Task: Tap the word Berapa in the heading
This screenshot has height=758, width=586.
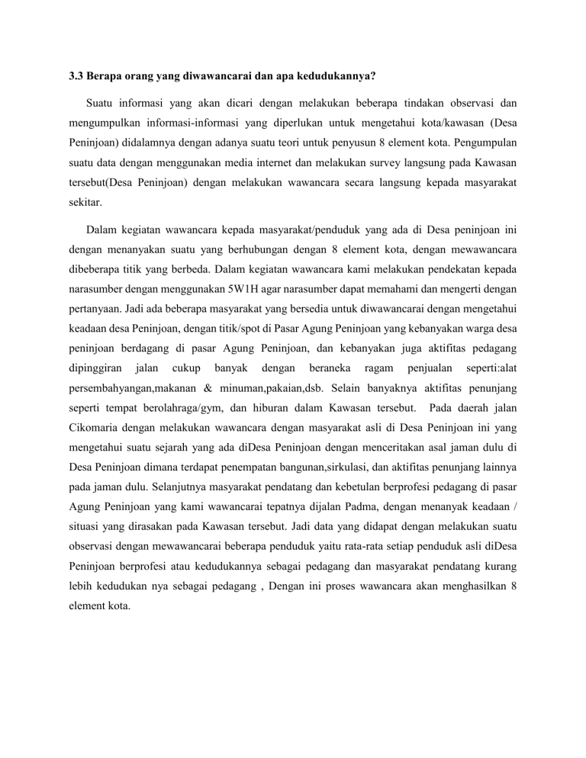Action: (x=106, y=76)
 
